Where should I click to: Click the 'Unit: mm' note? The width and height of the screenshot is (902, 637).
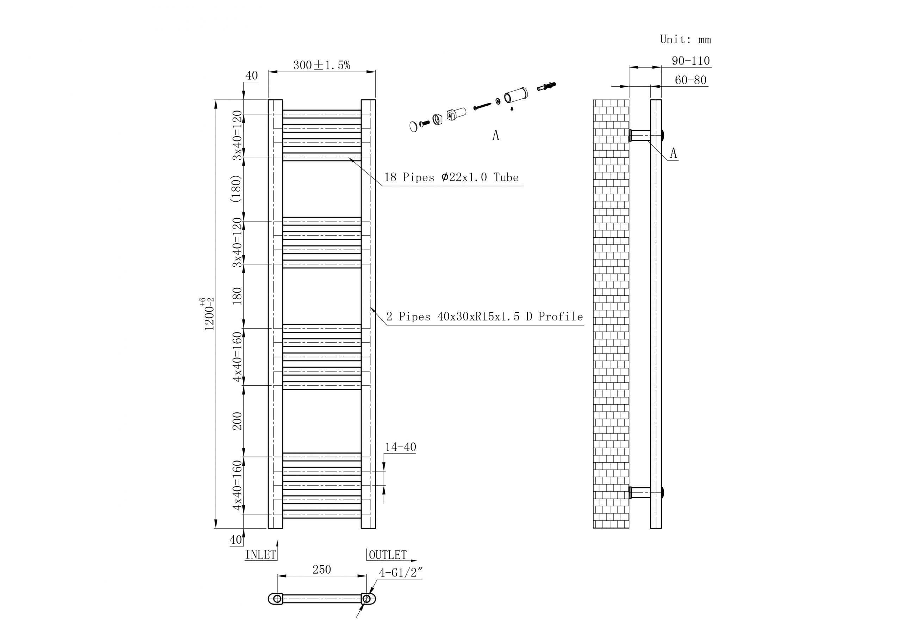click(685, 40)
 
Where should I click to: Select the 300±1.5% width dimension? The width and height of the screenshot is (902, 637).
click(321, 65)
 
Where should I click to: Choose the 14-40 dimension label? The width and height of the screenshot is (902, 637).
click(400, 447)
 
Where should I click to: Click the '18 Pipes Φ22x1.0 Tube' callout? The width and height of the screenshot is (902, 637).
click(451, 177)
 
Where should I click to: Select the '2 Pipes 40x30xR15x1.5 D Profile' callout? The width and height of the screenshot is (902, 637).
click(484, 317)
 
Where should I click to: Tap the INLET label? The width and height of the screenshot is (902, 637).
click(260, 555)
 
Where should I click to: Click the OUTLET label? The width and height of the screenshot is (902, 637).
click(387, 555)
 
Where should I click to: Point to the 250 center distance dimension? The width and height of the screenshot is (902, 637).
click(321, 569)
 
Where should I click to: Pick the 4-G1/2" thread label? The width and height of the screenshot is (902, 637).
click(400, 573)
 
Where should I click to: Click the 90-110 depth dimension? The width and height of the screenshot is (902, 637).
click(691, 61)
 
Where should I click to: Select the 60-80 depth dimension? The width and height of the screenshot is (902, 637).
click(691, 80)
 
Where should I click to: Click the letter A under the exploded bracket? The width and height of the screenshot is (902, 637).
click(496, 136)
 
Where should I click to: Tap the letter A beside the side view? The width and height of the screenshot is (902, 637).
click(673, 153)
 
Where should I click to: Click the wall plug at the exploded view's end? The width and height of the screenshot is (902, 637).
click(546, 86)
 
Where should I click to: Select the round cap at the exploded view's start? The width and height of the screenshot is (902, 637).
click(413, 127)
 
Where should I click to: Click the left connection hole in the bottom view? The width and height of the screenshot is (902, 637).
click(277, 599)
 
